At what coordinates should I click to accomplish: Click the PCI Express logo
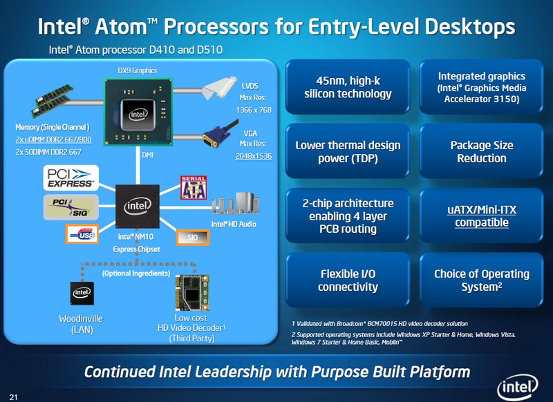click(71, 178)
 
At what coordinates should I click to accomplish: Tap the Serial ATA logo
click(194, 187)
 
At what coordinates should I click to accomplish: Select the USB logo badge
click(82, 234)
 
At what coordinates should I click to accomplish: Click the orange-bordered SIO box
click(193, 238)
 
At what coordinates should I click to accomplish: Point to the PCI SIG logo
click(71, 207)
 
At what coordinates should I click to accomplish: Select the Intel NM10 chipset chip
click(138, 206)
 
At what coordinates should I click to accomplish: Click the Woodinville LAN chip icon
click(82, 293)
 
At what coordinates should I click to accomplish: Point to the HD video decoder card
click(192, 292)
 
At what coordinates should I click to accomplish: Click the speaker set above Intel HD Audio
click(235, 204)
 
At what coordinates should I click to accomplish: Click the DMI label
click(147, 155)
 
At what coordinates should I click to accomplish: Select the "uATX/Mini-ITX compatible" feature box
click(481, 216)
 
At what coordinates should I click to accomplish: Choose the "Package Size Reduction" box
click(481, 151)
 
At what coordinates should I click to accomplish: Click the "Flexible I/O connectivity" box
click(348, 280)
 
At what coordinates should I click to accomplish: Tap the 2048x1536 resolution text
click(254, 156)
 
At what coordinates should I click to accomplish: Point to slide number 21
click(13, 397)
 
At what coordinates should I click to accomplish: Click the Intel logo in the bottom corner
click(517, 387)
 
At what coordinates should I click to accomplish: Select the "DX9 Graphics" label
click(138, 70)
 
